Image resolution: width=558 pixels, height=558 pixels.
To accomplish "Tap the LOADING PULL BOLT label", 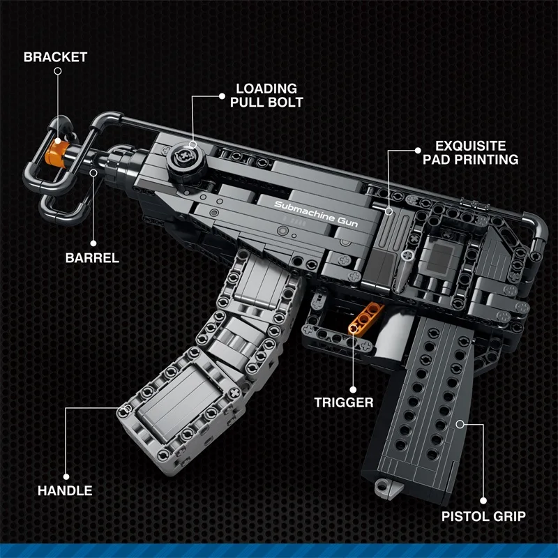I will [x=266, y=96].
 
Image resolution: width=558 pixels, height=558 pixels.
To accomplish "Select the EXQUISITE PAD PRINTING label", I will [x=476, y=153].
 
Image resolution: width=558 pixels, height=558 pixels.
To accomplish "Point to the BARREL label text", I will [x=92, y=257].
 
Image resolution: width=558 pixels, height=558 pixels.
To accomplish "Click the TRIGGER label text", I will [x=343, y=402].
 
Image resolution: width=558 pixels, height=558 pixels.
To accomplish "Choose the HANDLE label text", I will [x=64, y=490].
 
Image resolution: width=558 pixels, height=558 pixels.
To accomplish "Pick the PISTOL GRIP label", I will [x=483, y=517].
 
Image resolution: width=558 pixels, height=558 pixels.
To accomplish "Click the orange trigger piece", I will [x=363, y=317].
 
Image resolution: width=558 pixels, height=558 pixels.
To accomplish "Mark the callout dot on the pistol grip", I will [x=460, y=423].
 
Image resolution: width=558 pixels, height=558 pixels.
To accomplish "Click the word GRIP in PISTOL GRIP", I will [x=506, y=517].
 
